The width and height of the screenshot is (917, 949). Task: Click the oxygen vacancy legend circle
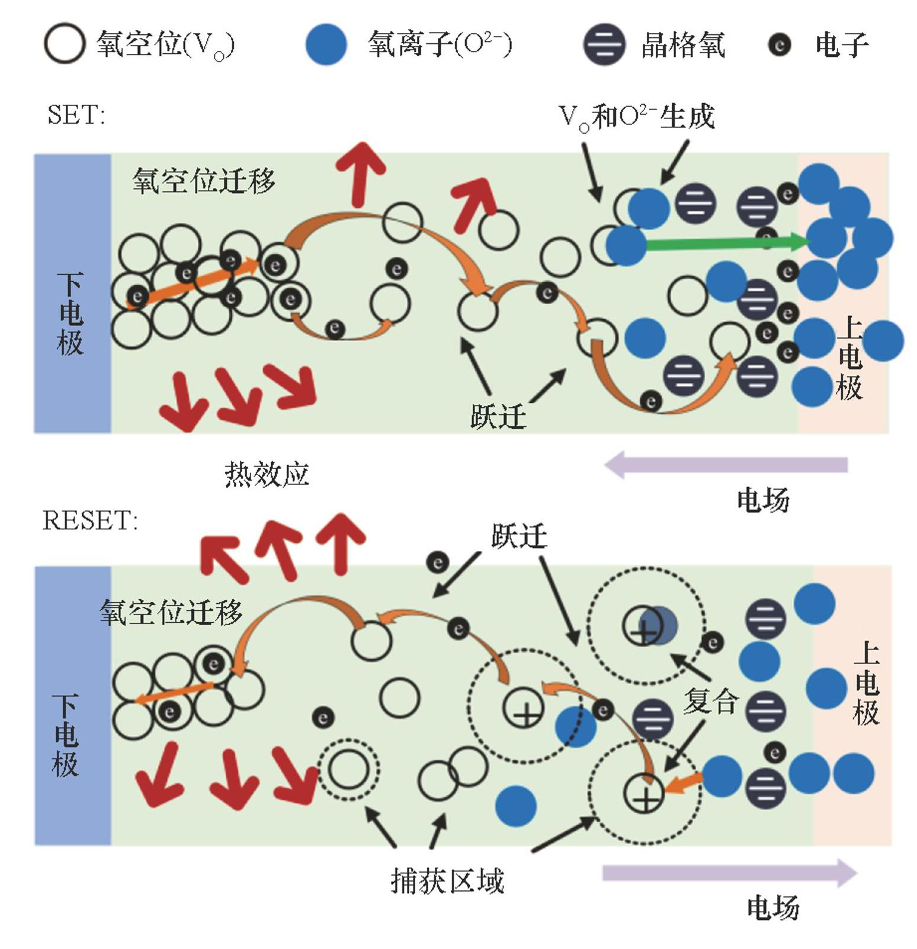[x=64, y=43]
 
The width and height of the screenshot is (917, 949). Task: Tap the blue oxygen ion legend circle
[x=326, y=44]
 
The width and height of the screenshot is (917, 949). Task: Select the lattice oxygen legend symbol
[x=604, y=44]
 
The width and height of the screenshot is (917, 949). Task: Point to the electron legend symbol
[x=779, y=44]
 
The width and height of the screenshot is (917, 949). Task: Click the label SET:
[x=76, y=114]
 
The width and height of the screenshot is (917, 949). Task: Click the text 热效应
[x=267, y=474]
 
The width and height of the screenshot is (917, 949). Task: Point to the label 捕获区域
[x=447, y=881]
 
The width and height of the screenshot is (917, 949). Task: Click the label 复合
[x=711, y=702]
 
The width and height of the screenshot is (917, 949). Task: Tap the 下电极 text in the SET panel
[x=70, y=314]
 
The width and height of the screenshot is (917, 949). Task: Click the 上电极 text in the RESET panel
[x=866, y=684]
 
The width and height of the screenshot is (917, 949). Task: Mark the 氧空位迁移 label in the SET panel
[x=203, y=181]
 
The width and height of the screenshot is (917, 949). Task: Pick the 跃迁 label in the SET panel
[x=498, y=417]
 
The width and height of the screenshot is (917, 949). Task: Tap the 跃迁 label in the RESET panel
[x=519, y=536]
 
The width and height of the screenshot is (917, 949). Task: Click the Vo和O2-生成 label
[x=637, y=117]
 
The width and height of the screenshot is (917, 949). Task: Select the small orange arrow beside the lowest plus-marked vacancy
[x=683, y=784]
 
